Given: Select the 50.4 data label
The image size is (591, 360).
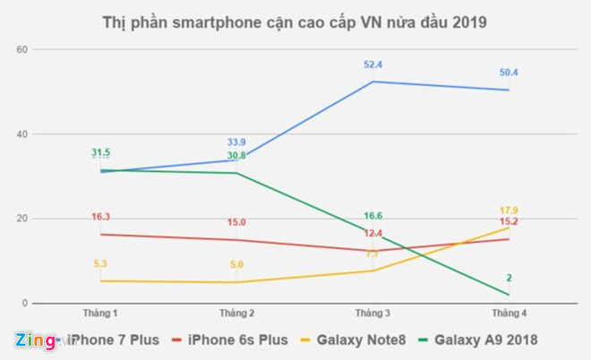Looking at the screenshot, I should coord(509,73).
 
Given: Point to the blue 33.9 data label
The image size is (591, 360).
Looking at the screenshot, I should coord(237,141).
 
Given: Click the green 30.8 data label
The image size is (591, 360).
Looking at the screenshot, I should coord(237,155).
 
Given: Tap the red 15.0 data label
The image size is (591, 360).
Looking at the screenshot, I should coord(237,222).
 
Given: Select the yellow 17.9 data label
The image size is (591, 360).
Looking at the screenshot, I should coord(509,210).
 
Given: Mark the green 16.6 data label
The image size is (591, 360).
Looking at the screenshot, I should coord(373,216).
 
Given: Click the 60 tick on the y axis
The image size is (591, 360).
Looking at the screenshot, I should coord(23,49).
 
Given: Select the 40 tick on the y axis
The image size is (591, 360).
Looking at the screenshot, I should coord(23,134).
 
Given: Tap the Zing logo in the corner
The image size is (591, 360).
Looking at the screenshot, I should coord(34,340).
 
